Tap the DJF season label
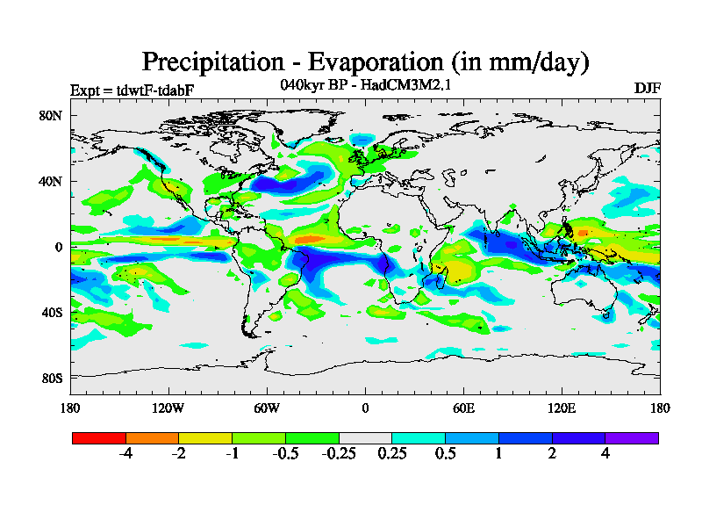[647, 89]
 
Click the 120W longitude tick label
[168, 408]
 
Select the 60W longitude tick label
[266, 408]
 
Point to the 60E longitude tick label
[463, 408]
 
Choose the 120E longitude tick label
[562, 408]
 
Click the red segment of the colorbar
[99, 437]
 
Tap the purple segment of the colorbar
[632, 437]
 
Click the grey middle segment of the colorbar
[365, 437]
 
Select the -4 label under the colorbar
[125, 454]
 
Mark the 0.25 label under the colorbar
[391, 454]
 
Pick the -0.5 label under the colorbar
[284, 454]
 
